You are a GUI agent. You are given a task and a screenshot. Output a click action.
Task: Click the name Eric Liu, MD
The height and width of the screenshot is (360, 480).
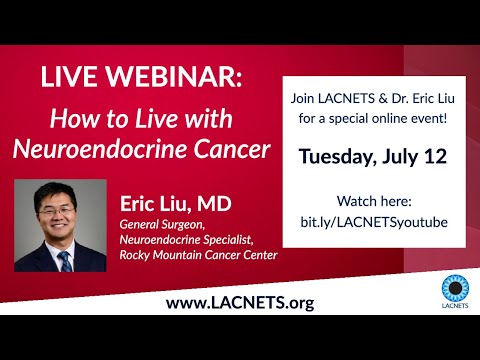point(175,203)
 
